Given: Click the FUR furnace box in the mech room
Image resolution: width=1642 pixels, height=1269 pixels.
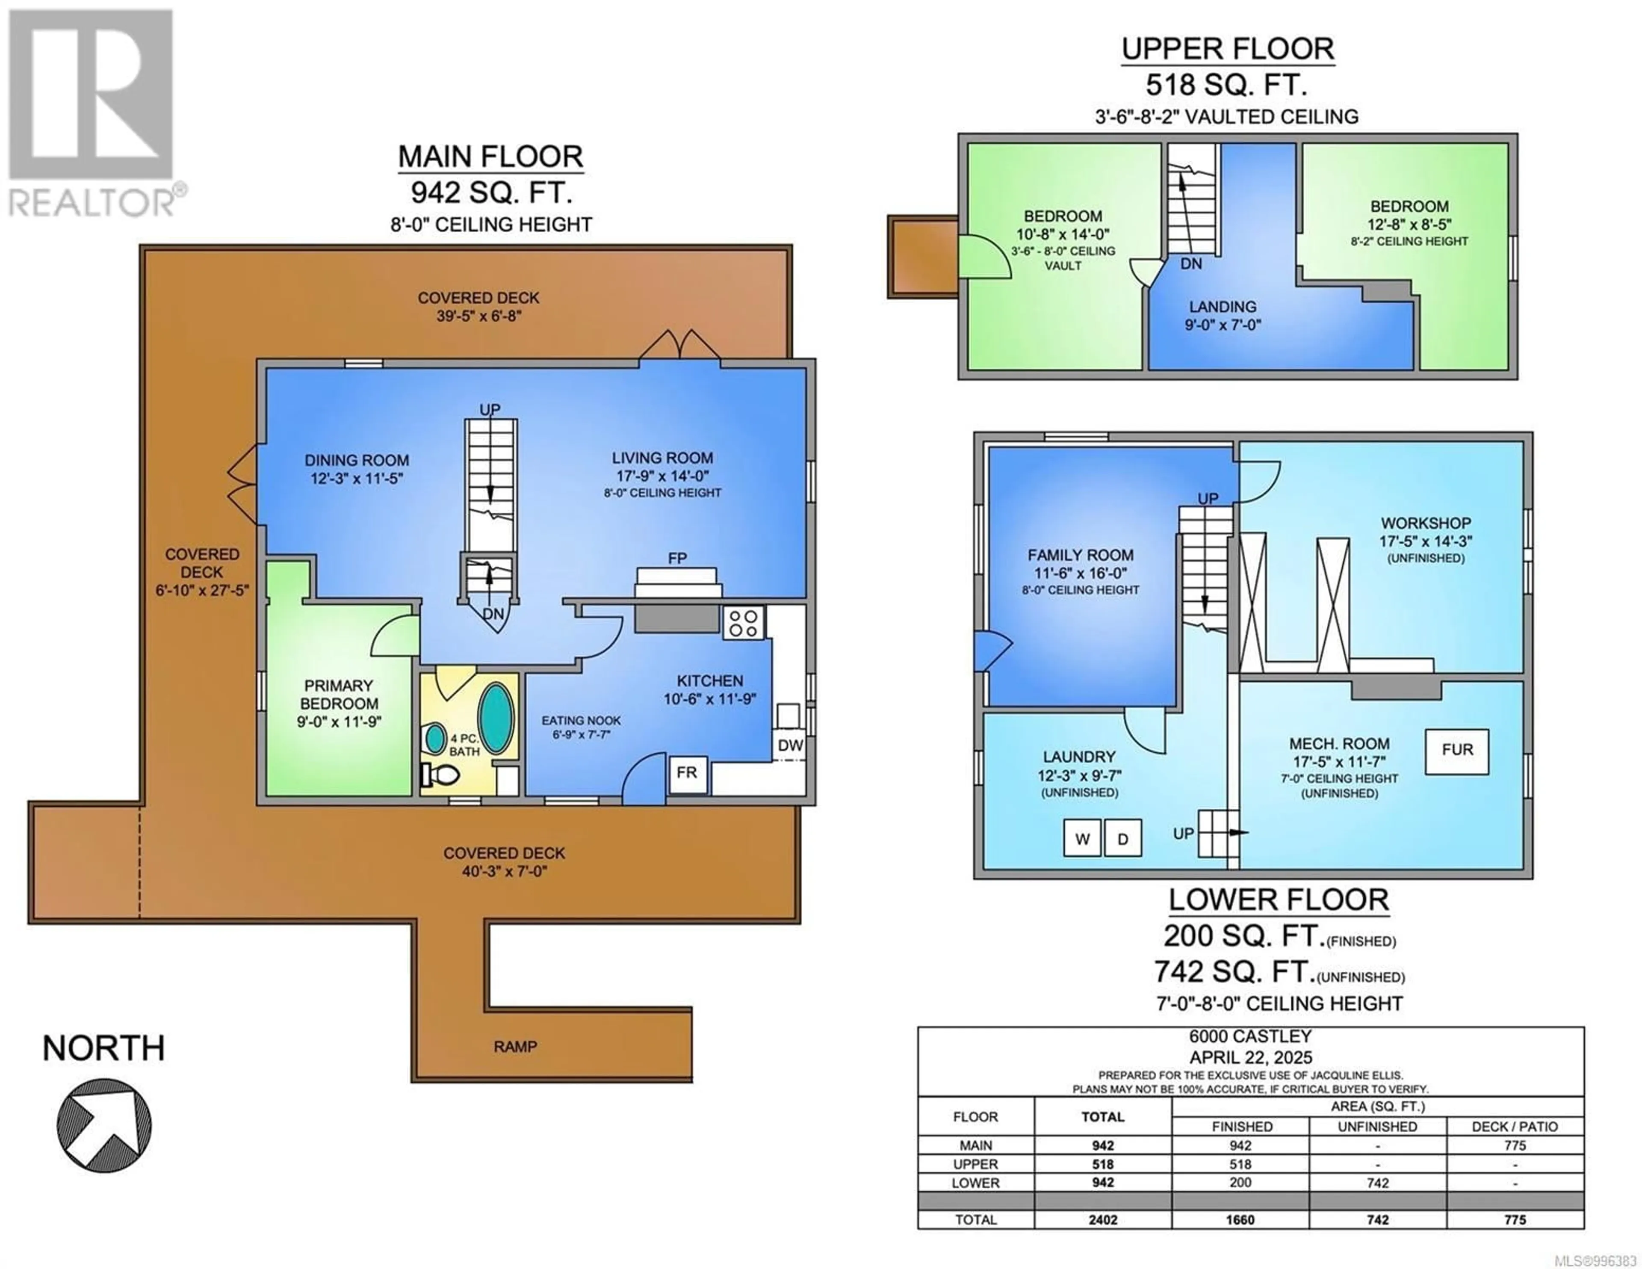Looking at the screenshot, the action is (1456, 751).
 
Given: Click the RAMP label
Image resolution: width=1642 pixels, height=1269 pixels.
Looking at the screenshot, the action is (515, 1046).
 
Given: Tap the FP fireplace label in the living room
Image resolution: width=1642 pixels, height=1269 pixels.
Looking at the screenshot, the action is (677, 558).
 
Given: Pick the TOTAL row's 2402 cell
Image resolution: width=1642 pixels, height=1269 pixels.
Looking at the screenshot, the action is (1102, 1219).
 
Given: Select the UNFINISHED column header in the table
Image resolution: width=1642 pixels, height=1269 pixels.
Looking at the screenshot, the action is (1377, 1126).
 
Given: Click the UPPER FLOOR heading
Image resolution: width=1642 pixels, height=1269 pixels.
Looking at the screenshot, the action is (1228, 49).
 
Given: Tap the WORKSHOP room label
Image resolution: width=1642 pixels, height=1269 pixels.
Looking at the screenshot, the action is (1426, 523).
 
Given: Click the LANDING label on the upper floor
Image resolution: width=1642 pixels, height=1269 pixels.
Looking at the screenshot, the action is (1223, 307).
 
